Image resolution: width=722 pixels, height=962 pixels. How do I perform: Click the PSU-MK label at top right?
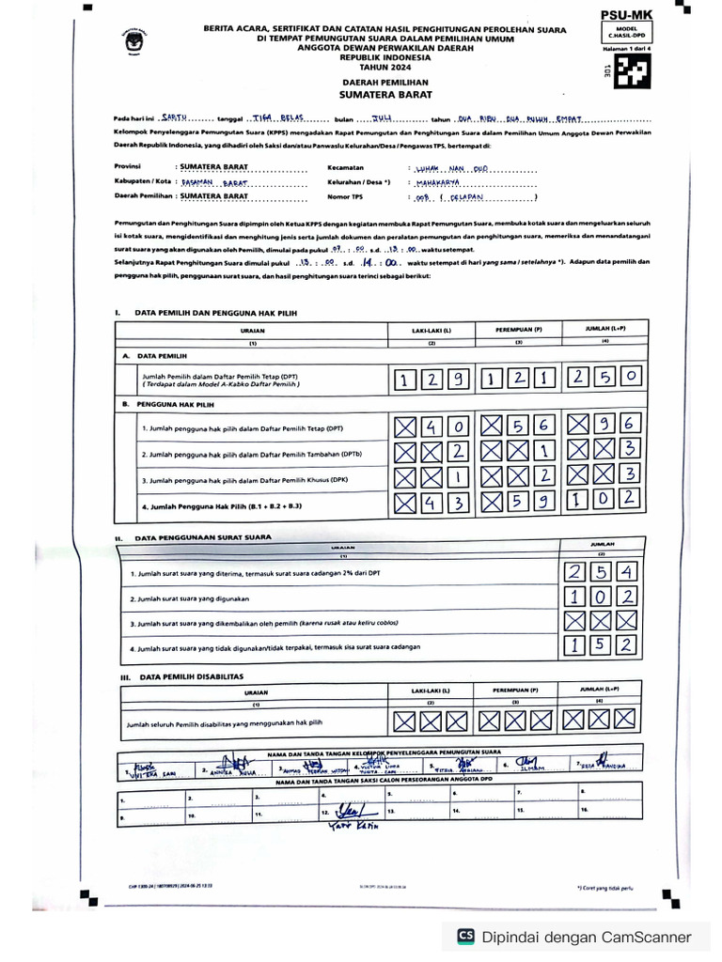[626, 15]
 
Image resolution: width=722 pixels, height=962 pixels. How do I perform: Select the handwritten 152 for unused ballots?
[601, 644]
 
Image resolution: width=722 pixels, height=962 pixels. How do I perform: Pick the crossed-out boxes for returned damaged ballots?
[601, 621]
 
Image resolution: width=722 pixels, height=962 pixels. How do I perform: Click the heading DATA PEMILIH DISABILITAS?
[191, 675]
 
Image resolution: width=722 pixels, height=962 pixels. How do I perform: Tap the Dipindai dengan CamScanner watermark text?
[587, 937]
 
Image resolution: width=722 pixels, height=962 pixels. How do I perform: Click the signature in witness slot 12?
[350, 810]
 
